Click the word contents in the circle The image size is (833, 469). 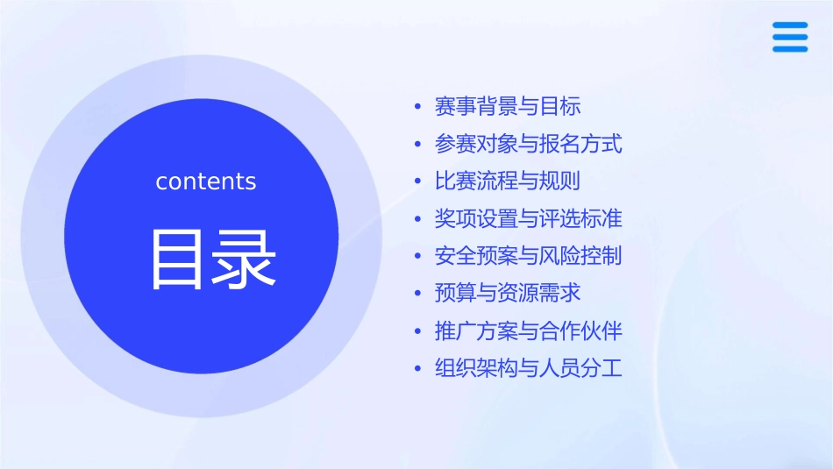(206, 181)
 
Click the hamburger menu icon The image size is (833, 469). (790, 37)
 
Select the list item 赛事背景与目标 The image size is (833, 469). (508, 107)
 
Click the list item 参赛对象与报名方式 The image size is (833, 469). (528, 144)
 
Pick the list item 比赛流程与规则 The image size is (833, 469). (508, 181)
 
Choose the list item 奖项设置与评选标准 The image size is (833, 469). (528, 218)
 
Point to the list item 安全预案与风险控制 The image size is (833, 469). (528, 256)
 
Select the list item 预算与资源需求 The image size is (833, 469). (508, 293)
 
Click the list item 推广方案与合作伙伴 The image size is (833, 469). (528, 331)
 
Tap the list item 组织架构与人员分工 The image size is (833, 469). (528, 368)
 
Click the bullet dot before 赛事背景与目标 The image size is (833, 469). (418, 108)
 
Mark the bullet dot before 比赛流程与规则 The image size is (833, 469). (418, 182)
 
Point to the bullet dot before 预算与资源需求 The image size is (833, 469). (418, 294)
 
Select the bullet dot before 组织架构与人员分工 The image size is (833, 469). (418, 369)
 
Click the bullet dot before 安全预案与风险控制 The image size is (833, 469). (418, 257)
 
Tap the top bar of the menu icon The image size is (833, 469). (790, 25)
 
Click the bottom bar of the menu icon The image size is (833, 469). (790, 49)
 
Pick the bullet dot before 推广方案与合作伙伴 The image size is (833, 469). (418, 332)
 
